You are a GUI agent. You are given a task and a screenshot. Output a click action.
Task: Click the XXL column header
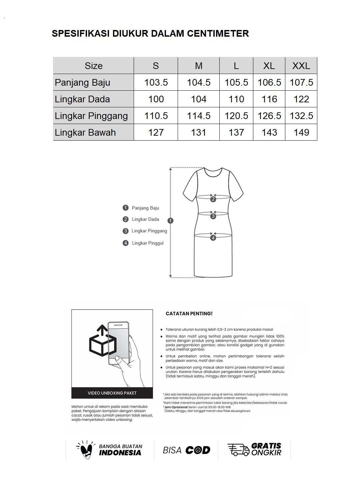301,66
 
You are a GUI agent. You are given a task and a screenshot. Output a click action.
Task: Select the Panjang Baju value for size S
156,82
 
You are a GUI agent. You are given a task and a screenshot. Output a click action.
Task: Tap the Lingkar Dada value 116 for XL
269,99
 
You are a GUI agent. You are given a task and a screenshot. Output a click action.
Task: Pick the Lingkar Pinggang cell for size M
199,116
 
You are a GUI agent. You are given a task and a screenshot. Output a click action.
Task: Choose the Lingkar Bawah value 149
301,132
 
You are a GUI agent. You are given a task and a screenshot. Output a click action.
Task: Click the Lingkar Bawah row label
85,132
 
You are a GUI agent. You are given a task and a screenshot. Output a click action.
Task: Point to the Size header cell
93,66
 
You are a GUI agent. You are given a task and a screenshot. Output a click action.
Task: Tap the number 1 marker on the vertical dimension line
171,220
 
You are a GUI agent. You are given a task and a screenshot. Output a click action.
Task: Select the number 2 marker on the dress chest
213,199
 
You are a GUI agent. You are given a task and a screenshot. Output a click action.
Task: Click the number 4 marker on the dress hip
213,238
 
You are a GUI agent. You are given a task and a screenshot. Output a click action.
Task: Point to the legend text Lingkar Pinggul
148,243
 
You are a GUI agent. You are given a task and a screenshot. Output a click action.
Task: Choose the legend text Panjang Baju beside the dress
145,208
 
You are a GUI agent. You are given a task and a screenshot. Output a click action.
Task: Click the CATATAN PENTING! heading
189,314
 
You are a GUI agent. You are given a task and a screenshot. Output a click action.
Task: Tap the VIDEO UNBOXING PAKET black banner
112,393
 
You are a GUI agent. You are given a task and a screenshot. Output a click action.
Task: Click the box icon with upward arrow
103,341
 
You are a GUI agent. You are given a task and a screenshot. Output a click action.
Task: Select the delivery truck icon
238,450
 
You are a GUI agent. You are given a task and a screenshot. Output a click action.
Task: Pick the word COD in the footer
198,450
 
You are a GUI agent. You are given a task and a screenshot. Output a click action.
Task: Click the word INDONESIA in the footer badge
120,453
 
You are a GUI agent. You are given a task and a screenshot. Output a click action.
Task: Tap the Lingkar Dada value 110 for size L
236,99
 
